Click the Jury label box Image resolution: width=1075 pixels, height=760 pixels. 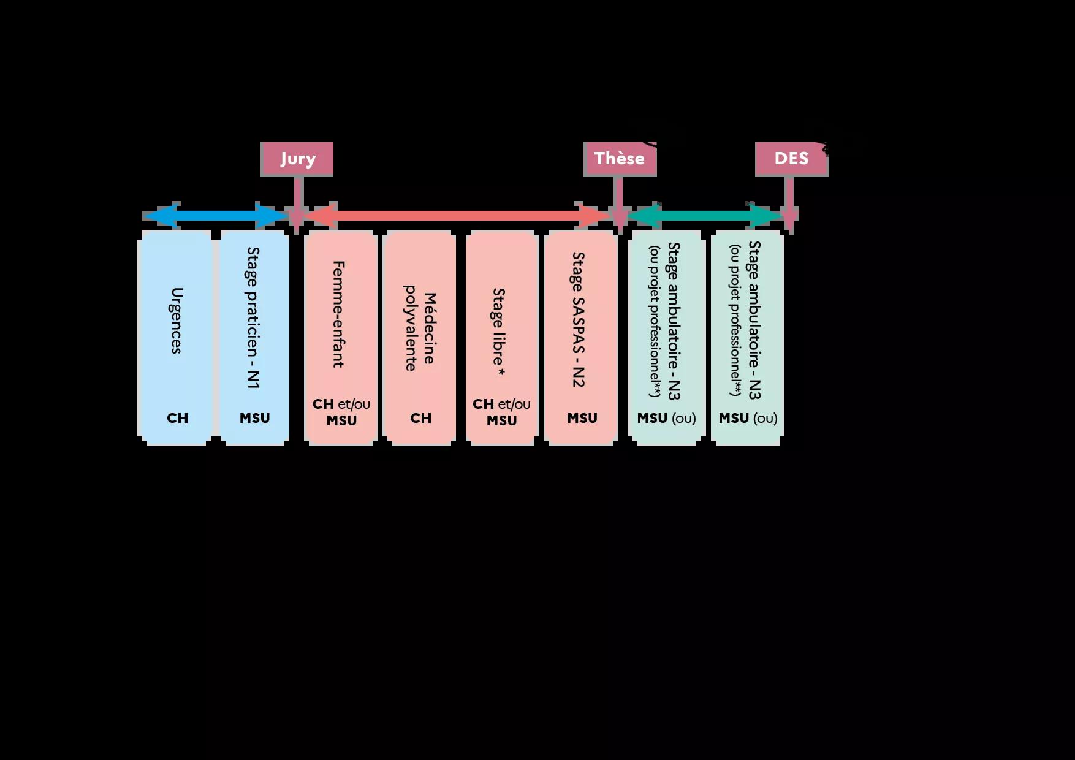tap(297, 159)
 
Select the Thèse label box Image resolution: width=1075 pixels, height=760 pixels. tap(620, 159)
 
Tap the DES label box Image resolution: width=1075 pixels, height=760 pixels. tap(791, 159)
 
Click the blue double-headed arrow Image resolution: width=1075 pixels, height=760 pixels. tap(215, 216)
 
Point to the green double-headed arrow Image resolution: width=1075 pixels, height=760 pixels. tap(705, 216)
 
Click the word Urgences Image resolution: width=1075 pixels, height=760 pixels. tap(177, 321)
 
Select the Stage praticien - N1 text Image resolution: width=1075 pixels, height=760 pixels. tap(253, 317)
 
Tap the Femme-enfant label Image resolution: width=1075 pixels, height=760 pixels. tap(338, 314)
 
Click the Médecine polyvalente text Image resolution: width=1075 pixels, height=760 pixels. tap(420, 328)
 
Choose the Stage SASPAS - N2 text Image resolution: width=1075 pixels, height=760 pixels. tap(579, 319)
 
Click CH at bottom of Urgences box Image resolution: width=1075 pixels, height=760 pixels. tap(177, 418)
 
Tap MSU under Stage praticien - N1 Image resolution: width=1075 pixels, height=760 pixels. tap(254, 418)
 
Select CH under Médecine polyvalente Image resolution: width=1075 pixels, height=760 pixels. tap(420, 418)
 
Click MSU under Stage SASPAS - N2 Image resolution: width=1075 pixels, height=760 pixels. tap(582, 418)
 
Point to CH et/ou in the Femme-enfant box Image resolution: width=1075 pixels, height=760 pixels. tap(341, 404)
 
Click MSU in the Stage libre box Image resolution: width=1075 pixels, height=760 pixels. tap(501, 420)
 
